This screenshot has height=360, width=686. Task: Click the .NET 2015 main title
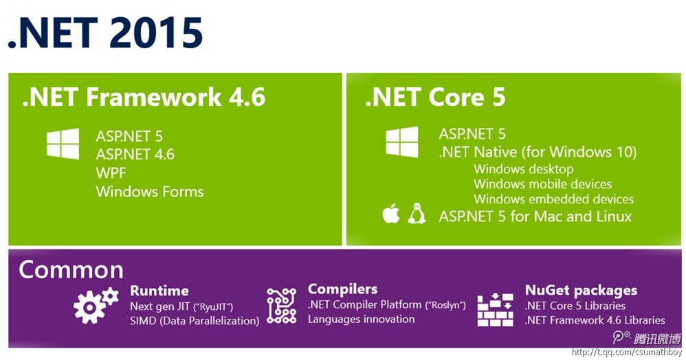point(105,32)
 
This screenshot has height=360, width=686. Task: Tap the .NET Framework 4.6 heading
point(144,97)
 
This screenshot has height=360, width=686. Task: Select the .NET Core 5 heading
point(435,97)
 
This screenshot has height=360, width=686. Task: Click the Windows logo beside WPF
point(63,144)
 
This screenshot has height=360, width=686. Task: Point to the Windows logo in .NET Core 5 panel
point(401,142)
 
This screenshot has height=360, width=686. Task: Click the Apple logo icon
point(390,214)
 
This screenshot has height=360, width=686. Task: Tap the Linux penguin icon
point(417,214)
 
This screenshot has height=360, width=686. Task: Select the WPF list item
point(111,172)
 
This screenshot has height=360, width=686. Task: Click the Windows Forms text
point(150,192)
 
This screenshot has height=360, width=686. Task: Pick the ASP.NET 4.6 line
point(135,155)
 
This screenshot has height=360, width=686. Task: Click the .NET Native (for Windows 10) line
point(538,153)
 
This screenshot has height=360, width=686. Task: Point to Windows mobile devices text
point(542,183)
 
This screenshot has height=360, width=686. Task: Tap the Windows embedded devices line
point(553,199)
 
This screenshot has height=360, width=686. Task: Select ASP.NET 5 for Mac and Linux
point(535,216)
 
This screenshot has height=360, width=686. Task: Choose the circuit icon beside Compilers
point(282,306)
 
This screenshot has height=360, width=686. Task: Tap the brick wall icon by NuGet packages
point(495,310)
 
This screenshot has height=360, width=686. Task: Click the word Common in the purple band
point(71,270)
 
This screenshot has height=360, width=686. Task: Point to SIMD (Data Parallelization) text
point(195,321)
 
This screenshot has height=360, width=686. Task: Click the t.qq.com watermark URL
point(626,352)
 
